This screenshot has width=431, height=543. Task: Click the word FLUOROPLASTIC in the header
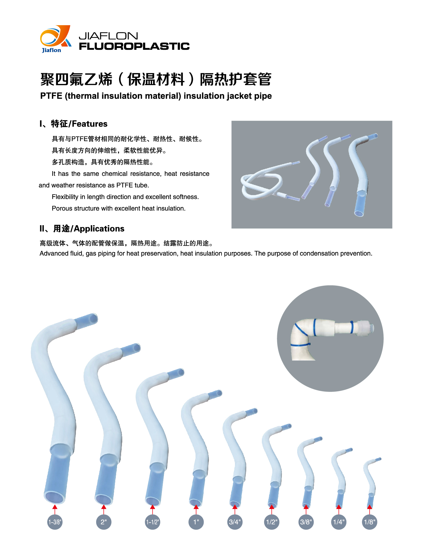134,46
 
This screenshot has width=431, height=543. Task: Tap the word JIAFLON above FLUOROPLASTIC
108,36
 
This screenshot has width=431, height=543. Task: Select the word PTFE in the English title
51,96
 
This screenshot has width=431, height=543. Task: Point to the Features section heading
74,124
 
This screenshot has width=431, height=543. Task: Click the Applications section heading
82,229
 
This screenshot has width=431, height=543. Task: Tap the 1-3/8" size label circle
55,522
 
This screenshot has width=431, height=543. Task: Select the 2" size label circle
104,522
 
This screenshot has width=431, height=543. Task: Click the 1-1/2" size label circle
152,522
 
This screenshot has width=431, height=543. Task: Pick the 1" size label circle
196,522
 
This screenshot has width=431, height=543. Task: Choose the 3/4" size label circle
235,522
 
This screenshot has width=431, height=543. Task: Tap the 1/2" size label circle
272,522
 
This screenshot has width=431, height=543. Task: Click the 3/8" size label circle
306,522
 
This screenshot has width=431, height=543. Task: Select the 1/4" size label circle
339,522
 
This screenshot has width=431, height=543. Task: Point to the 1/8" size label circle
370,522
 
